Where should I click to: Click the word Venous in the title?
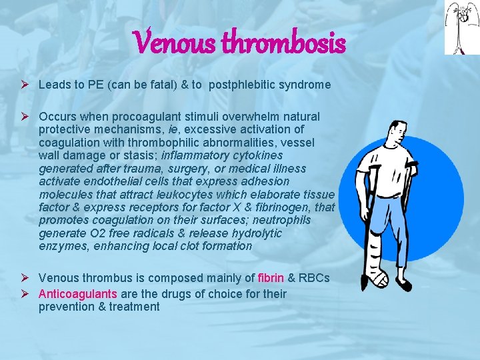pyautogui.click(x=175, y=44)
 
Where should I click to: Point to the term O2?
pyautogui.click(x=90, y=233)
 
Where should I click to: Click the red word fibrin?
pyautogui.click(x=271, y=278)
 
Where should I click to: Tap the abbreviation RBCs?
pyautogui.click(x=313, y=278)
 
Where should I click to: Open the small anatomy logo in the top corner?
pyautogui.click(x=462, y=27)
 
